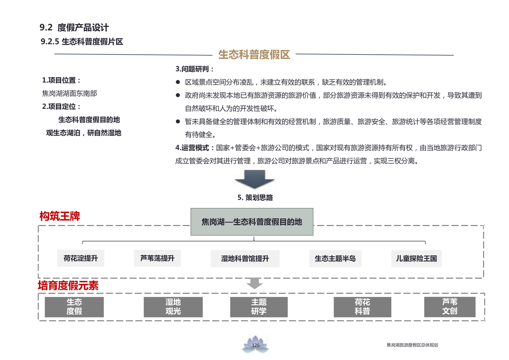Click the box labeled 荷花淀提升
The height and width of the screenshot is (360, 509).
81,258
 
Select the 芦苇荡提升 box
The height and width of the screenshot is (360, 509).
157,258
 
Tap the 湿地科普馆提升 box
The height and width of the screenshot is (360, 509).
245,259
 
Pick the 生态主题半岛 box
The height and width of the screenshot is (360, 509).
335,259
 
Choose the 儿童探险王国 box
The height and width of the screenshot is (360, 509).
416,259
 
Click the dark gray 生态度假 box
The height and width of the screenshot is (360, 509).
74,307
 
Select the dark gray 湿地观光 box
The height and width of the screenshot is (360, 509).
173,307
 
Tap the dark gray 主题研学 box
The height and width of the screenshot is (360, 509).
259,307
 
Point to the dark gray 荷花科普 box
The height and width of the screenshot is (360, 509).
362,307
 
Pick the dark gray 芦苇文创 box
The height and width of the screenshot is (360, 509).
450,307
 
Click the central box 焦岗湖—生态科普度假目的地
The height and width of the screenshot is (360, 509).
252,222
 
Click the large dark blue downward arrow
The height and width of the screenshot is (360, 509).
255,179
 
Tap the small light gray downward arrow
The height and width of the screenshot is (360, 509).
255,283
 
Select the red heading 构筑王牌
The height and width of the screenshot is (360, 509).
60,216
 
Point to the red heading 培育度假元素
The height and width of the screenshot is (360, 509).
68,285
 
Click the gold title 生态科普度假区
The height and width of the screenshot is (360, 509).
254,55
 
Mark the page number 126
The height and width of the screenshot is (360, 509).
256,345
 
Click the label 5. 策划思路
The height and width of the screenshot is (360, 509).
255,198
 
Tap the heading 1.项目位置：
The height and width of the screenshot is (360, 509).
61,80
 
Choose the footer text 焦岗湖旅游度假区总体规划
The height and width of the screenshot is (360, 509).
412,345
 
